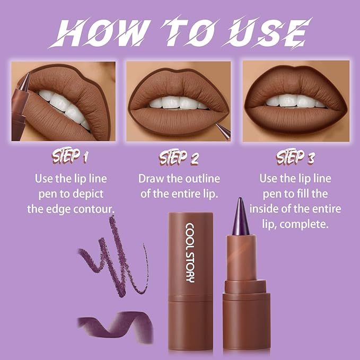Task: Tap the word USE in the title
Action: pyautogui.click(x=268, y=33)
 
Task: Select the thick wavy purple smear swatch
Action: pyautogui.click(x=117, y=325)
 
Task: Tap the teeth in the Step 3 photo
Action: pyautogui.click(x=295, y=101)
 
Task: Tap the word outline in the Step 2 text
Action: pyautogui.click(x=202, y=178)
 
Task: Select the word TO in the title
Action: pyautogui.click(x=182, y=33)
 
